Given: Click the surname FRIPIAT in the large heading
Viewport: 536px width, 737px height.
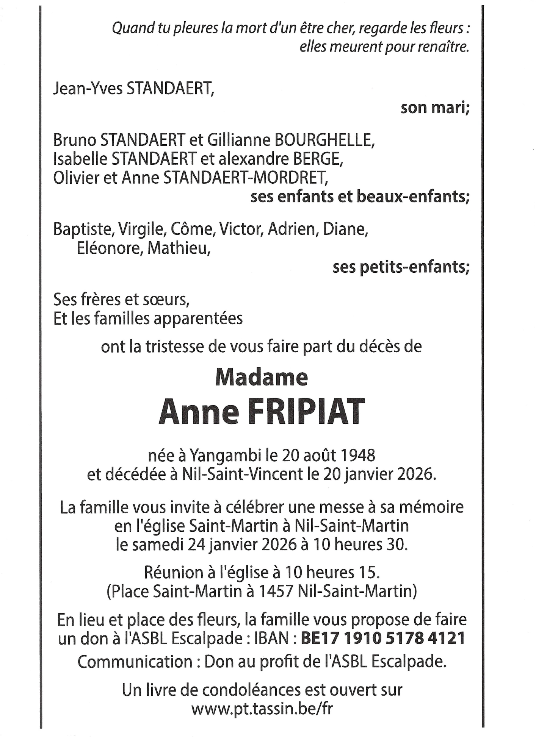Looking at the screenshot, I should [x=307, y=412].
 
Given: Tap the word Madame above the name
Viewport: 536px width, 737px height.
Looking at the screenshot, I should [x=261, y=378].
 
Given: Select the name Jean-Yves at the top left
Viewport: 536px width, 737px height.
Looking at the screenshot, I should [x=88, y=89].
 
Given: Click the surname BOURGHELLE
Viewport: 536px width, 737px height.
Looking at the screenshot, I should [x=324, y=141].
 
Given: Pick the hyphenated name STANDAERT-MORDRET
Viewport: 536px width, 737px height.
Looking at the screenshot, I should [x=244, y=178].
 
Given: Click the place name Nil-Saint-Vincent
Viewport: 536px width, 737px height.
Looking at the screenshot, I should [x=243, y=474].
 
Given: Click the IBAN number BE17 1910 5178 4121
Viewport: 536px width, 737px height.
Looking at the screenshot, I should [x=382, y=639].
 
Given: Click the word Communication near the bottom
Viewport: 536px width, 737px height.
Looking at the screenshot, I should [x=135, y=662].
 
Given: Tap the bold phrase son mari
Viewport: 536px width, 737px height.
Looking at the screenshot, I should [x=435, y=108].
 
